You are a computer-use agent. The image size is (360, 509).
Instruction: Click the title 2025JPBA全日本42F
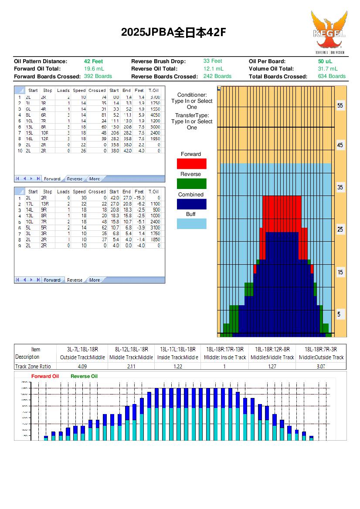173,33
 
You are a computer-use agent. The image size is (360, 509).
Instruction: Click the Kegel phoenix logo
329,32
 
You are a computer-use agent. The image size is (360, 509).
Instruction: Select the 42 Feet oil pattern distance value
93,61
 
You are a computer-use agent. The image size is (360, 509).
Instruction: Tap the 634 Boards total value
331,76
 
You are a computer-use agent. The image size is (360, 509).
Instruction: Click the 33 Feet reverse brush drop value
213,61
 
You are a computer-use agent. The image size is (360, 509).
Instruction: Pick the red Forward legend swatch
191,164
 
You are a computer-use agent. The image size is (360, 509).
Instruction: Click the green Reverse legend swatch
191,184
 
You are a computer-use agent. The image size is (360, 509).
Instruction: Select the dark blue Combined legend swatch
191,204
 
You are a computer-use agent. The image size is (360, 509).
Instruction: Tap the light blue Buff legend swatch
191,224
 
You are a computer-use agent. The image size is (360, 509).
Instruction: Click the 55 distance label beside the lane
340,106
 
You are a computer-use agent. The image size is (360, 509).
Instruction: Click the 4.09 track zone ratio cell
82,366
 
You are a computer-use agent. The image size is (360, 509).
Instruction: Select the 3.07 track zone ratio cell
321,366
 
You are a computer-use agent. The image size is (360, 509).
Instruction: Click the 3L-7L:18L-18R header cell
82,349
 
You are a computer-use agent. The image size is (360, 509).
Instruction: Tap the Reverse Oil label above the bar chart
84,376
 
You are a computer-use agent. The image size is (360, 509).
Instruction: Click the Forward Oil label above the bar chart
45,376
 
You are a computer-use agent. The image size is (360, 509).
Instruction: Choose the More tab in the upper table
94,179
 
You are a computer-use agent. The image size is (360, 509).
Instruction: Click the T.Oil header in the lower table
153,192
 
